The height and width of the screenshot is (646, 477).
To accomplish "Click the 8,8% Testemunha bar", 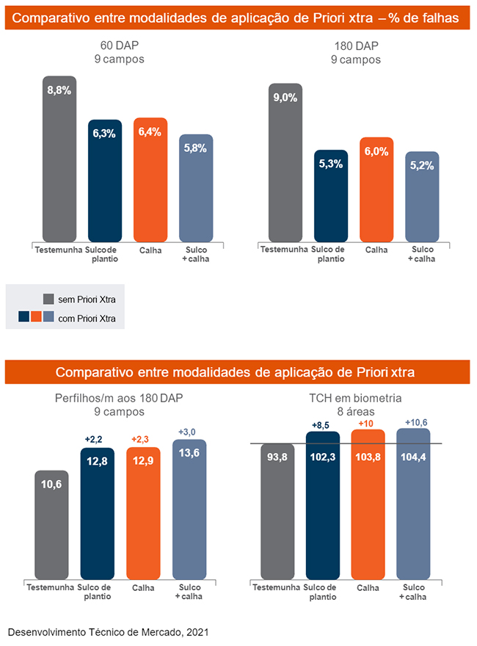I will [59, 159].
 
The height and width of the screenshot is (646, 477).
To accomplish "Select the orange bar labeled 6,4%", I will [150, 180].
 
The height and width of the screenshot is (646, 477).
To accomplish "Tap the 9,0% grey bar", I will [285, 162].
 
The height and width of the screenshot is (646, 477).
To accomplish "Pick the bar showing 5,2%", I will [422, 196].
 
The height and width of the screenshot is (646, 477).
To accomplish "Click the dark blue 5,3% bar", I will [331, 195].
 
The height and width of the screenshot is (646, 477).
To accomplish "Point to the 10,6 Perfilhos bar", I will [51, 524].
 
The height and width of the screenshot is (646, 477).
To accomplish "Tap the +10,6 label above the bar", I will [415, 421].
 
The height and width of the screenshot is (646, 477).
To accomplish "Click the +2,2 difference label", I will [94, 439].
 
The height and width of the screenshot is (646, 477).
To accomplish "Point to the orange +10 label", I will [368, 423].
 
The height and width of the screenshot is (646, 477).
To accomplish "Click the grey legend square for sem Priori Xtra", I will [48, 299].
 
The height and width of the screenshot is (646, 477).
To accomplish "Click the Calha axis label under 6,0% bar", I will [376, 250].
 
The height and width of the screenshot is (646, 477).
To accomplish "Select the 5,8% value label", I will [196, 148].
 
